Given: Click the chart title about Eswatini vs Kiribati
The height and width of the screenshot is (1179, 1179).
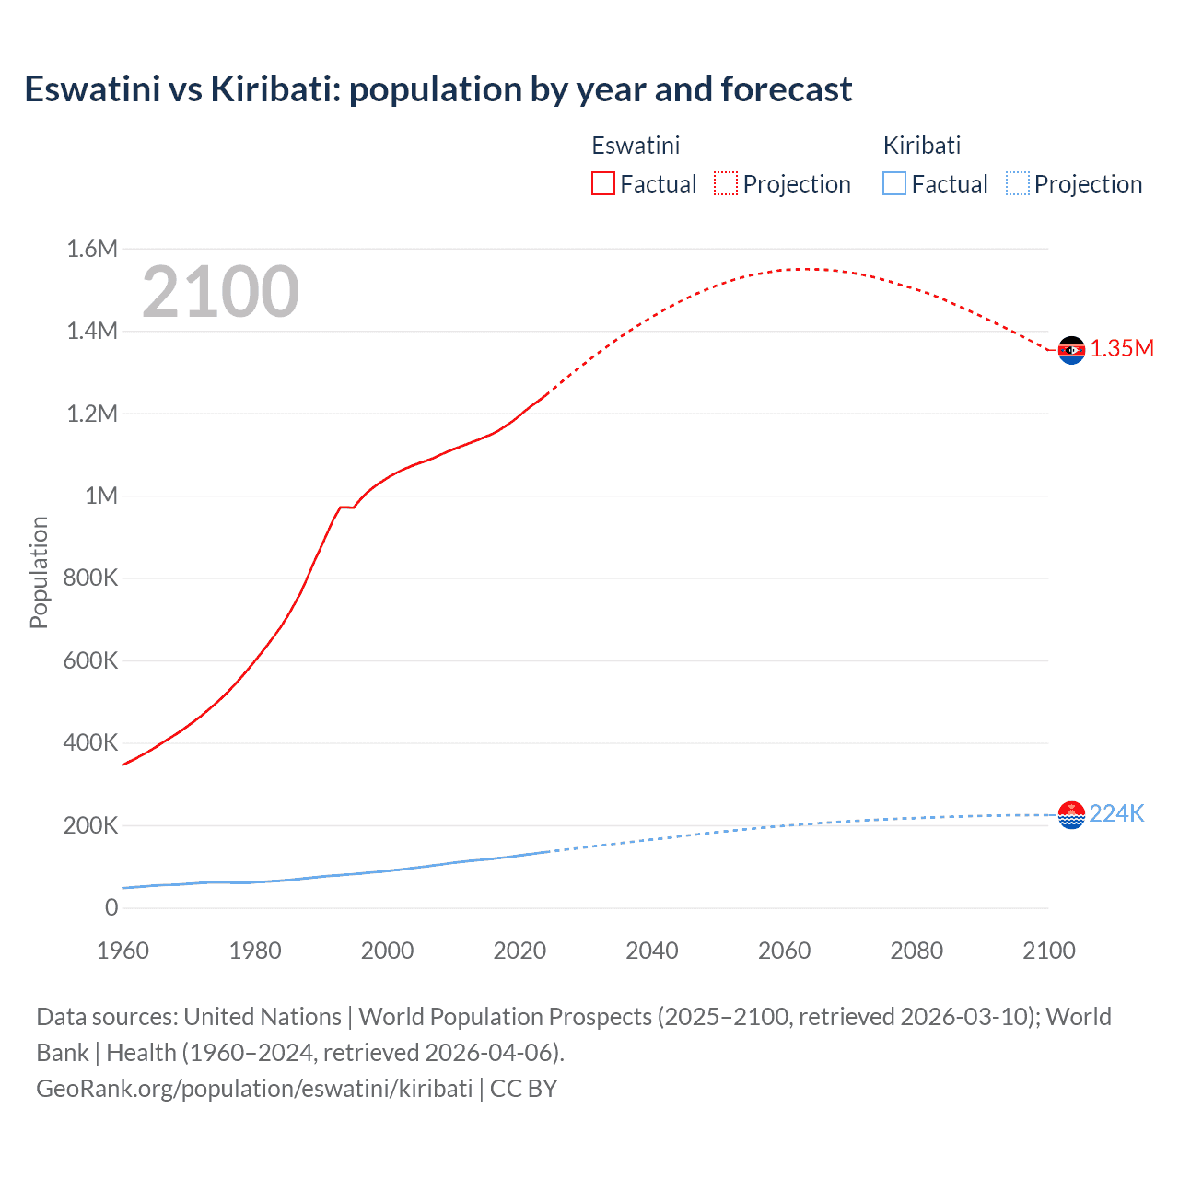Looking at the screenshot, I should (x=438, y=89).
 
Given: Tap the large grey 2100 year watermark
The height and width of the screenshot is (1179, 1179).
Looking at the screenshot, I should (x=220, y=292).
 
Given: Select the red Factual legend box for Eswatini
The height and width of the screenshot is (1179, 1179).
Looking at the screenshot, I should (x=602, y=183).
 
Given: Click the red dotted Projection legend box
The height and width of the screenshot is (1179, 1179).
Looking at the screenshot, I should (x=725, y=183).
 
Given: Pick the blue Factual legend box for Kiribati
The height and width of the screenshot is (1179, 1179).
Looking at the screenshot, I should (x=893, y=183).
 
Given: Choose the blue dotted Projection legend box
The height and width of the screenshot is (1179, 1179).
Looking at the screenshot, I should (x=1017, y=183).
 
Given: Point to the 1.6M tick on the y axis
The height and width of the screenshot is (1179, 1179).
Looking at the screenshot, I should (x=92, y=249).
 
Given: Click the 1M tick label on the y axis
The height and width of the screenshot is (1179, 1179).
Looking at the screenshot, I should (x=100, y=496).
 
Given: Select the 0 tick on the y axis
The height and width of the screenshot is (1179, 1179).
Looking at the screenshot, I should (x=111, y=907).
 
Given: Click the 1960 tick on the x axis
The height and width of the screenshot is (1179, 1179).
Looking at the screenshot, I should (x=123, y=951).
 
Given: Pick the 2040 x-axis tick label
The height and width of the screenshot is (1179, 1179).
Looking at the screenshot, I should (x=652, y=951).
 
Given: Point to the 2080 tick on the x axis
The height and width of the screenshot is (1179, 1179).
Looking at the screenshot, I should (x=916, y=951).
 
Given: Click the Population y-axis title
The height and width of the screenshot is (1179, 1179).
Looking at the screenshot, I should (x=39, y=572).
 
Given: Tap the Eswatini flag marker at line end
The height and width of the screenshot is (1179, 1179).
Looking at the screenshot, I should (x=1071, y=350).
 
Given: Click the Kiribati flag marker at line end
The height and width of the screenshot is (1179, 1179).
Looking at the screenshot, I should (x=1071, y=814).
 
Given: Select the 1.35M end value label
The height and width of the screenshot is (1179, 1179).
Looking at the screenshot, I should (x=1122, y=348).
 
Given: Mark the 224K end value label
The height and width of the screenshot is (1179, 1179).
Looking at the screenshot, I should (x=1116, y=813).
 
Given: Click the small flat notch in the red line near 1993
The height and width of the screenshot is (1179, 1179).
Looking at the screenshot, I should (x=347, y=507).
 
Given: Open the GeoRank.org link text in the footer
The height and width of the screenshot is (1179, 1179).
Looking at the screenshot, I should (x=254, y=1088).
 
